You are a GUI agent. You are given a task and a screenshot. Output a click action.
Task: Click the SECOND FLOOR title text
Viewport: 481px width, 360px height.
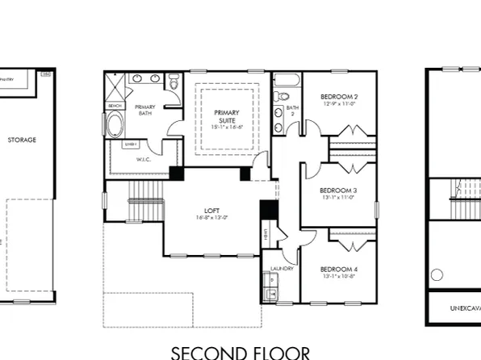(x=240, y=352)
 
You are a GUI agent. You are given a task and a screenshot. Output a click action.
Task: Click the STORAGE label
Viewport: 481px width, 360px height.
(x=22, y=140)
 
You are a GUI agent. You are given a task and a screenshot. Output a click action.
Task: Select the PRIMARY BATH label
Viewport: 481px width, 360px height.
(x=145, y=111)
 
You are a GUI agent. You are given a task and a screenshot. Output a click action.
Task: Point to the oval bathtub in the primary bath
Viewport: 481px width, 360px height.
(x=115, y=126)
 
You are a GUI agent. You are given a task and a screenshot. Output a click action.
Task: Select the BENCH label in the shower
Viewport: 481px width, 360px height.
(x=114, y=106)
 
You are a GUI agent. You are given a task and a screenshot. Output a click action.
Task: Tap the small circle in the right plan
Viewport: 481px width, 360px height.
(x=437, y=274)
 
